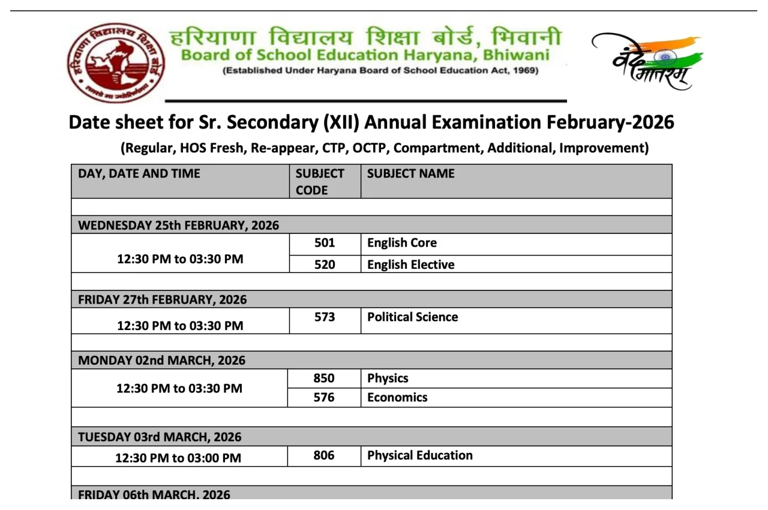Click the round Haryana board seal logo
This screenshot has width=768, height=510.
pyautogui.click(x=116, y=63)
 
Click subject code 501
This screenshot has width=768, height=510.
pyautogui.click(x=325, y=243)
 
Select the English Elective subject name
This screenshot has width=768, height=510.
pyautogui.click(x=410, y=265)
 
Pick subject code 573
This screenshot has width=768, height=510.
pyautogui.click(x=325, y=317)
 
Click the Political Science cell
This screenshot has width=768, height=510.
pyautogui.click(x=412, y=317)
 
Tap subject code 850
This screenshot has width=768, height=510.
pyautogui.click(x=324, y=379)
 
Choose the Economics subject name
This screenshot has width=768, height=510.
pyautogui.click(x=397, y=397)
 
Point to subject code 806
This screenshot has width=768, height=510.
pyautogui.click(x=324, y=455)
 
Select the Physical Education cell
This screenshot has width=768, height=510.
pyautogui.click(x=419, y=455)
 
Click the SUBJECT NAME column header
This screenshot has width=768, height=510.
pyautogui.click(x=410, y=173)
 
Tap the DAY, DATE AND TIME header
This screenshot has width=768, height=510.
pyautogui.click(x=139, y=173)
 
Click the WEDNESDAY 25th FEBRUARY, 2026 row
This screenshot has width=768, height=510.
pyautogui.click(x=179, y=226)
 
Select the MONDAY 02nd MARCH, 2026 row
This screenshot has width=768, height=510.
pyautogui.click(x=162, y=361)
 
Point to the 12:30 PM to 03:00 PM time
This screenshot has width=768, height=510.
pyautogui.click(x=178, y=458)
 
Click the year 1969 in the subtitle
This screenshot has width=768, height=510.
pyautogui.click(x=524, y=71)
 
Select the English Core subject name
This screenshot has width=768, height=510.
pyautogui.click(x=402, y=243)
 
